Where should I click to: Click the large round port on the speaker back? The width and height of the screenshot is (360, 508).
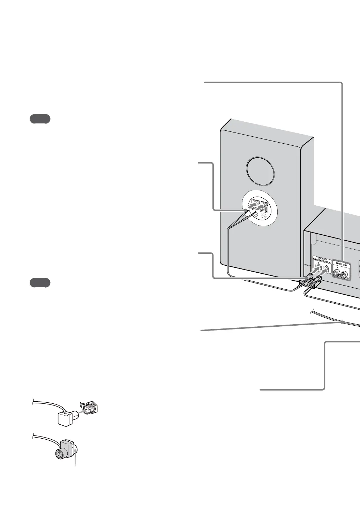click(260, 172)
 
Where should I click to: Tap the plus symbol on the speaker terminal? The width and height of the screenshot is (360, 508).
click(264, 216)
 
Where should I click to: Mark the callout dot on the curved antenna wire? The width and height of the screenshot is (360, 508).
click(342, 322)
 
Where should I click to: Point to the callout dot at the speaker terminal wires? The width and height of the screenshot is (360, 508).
click(245, 210)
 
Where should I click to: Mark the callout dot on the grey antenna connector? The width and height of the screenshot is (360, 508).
click(75, 451)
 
